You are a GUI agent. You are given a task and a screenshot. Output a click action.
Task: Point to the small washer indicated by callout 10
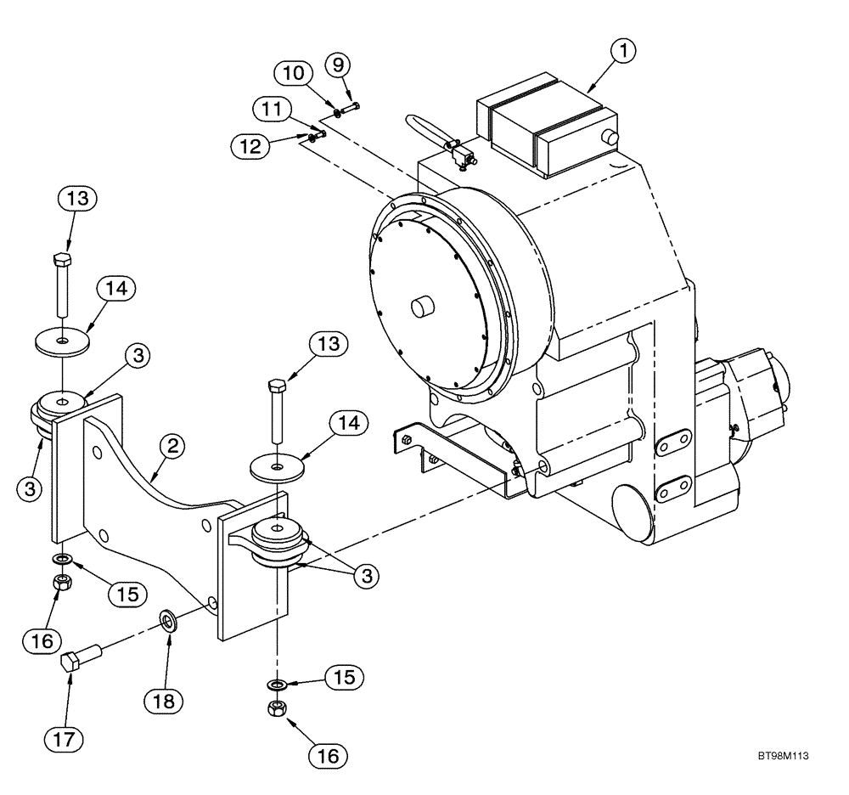(x=338, y=113)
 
